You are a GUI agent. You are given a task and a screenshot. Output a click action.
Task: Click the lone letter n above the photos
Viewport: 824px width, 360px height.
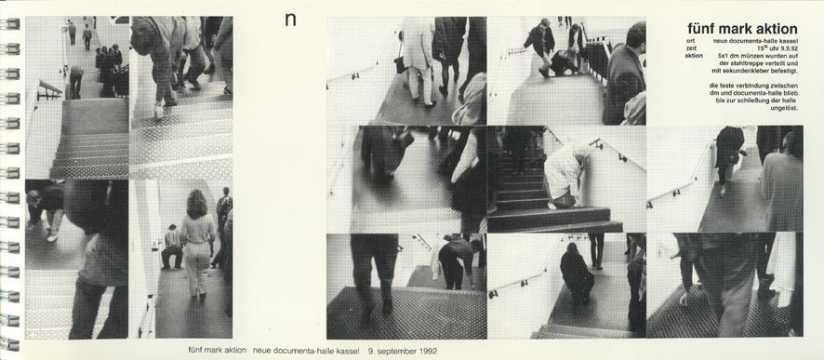click(x=290, y=20)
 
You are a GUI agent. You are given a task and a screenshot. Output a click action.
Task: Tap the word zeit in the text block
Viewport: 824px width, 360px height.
click(x=691, y=47)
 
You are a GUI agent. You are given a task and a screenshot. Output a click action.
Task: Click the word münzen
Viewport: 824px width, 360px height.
click(x=751, y=55)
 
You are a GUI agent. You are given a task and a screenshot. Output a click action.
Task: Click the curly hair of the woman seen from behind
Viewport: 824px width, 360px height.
click(x=197, y=204)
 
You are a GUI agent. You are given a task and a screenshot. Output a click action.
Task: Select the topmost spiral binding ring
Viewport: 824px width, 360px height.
click(x=10, y=23)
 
